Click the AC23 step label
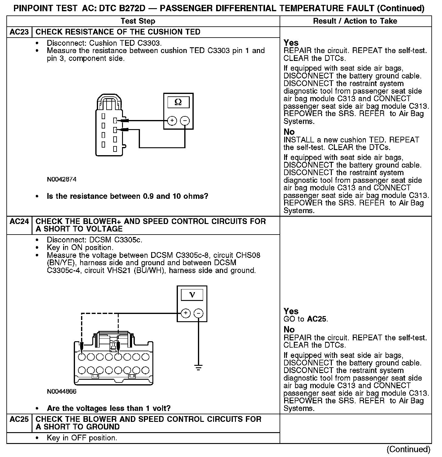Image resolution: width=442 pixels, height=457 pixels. click(19, 32)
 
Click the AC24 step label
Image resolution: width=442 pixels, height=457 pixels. click(19, 222)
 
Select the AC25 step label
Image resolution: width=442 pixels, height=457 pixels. click(19, 419)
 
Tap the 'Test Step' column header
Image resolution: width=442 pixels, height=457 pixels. click(138, 21)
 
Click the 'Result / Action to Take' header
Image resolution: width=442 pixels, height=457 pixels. click(355, 21)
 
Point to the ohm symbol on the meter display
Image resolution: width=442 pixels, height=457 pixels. click(178, 102)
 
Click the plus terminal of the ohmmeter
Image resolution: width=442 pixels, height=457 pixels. click(172, 121)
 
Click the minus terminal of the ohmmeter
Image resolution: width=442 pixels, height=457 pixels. click(185, 121)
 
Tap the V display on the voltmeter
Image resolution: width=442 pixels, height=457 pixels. click(192, 295)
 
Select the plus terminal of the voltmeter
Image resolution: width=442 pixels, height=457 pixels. click(185, 313)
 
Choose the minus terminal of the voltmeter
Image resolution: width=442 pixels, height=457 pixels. click(198, 313)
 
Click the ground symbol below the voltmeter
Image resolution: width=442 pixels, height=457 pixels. click(199, 368)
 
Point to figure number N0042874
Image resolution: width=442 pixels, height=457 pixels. click(62, 179)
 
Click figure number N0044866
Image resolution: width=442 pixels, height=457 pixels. click(62, 392)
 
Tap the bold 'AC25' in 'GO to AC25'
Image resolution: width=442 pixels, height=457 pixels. click(317, 319)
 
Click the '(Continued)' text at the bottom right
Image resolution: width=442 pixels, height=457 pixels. click(409, 449)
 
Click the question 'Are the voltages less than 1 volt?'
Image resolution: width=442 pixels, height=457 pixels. click(109, 408)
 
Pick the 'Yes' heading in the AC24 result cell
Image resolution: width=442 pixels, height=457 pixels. click(291, 311)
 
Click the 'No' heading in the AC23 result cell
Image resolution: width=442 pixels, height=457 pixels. click(289, 132)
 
